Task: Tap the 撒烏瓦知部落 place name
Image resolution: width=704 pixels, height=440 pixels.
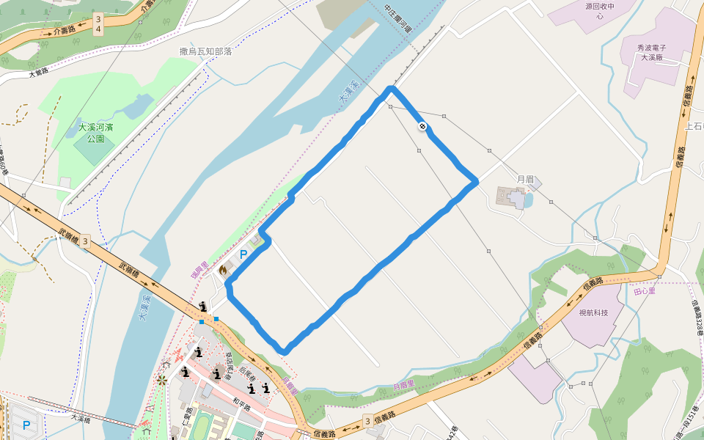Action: click(206, 51)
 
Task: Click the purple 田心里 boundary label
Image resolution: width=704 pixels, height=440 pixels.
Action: click(644, 292)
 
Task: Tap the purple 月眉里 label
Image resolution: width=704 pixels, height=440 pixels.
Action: click(403, 384)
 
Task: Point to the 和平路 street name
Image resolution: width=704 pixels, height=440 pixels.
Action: click(241, 402)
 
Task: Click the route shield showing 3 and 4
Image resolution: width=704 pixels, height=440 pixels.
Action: click(99, 24)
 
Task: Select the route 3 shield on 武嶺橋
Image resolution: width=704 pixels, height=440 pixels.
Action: click(86, 241)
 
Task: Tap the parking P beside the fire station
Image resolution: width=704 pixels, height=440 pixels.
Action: click(243, 254)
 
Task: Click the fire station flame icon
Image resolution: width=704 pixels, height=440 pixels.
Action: click(222, 270)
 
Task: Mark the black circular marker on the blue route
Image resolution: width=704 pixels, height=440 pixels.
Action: click(423, 126)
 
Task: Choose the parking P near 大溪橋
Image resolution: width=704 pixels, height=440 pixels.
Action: click(26, 425)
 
